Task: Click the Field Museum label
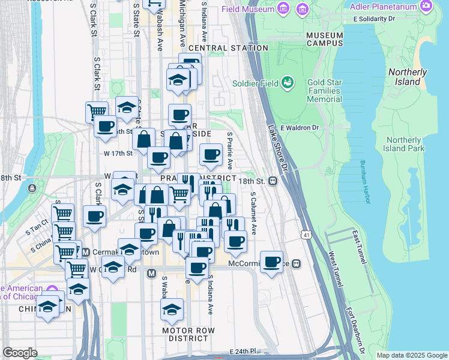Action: coord(247,9)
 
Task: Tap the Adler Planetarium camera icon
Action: coord(426,7)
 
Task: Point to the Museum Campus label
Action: coord(324,39)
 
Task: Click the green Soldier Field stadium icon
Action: coord(288,82)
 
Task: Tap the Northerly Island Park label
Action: coord(404,144)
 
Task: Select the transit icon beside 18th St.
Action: coord(273,181)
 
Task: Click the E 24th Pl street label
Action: coord(243,350)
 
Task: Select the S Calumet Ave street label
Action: coord(253,213)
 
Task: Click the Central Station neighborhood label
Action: coord(228,48)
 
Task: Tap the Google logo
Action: coord(20,353)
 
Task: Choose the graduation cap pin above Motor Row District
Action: coord(172,310)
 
